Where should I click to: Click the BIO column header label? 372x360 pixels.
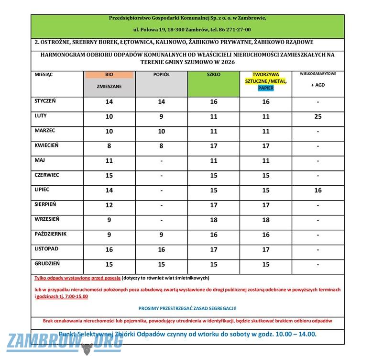[x=109, y=75]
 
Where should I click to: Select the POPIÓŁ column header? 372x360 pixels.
[x=161, y=75]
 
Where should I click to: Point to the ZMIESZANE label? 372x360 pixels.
[x=109, y=87]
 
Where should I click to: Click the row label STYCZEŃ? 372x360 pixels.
[x=45, y=101]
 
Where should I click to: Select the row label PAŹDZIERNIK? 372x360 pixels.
[x=51, y=234]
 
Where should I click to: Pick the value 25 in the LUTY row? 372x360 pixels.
[x=318, y=116]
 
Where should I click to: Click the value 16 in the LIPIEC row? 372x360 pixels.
[x=318, y=191]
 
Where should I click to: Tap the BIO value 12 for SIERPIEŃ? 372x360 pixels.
[x=109, y=205]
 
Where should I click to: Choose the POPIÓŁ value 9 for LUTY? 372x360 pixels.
[x=161, y=116]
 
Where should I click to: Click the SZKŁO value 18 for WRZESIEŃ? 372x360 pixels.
[x=214, y=220]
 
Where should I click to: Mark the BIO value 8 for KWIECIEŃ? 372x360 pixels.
[x=109, y=146]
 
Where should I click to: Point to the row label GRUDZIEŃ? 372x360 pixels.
[x=47, y=264]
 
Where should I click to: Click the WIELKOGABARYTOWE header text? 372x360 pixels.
[x=317, y=74]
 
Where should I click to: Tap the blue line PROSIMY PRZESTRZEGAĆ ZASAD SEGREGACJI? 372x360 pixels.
[x=187, y=308]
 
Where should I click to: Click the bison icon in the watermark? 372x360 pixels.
[x=87, y=349]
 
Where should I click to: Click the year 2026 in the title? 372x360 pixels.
[x=228, y=62]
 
